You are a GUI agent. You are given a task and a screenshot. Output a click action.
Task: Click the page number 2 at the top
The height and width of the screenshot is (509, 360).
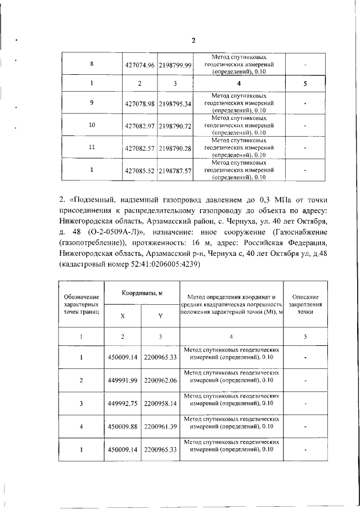coord(193,40)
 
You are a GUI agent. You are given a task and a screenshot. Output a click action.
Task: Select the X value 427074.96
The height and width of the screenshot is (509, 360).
coord(139,65)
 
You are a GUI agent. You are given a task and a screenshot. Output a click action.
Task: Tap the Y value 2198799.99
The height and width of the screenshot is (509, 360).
coord(175,65)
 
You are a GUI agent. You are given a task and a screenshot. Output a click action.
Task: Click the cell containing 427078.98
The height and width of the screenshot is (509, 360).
coord(139,104)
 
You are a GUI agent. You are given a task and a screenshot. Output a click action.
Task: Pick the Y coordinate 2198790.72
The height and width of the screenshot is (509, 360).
coord(175,125)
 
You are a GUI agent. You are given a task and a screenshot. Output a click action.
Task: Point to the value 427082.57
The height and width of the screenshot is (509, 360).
coord(139,148)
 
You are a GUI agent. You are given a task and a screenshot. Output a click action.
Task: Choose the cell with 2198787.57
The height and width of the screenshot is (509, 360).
coord(175,170)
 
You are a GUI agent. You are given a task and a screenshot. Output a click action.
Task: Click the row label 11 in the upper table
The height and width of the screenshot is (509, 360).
coord(92,147)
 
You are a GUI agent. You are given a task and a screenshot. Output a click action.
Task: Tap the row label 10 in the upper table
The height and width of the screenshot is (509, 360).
coord(92,124)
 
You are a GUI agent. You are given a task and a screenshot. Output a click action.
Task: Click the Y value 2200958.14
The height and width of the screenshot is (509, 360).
coord(160,403)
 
